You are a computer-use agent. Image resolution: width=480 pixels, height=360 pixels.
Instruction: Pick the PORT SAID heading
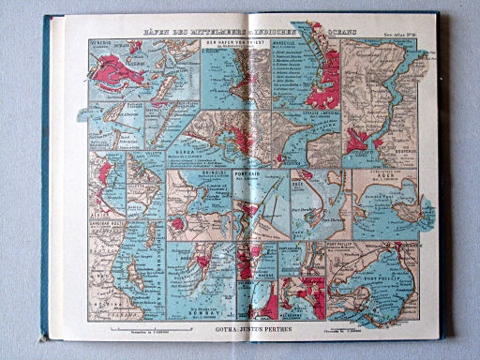click(246, 172)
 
